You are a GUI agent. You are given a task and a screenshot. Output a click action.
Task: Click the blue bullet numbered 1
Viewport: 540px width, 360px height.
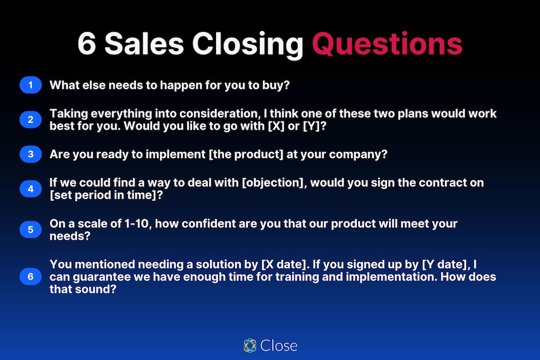[31, 85]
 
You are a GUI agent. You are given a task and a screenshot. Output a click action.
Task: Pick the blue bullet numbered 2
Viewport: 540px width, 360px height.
[31, 120]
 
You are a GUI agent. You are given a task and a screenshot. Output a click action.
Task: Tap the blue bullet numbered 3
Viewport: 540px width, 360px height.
[31, 154]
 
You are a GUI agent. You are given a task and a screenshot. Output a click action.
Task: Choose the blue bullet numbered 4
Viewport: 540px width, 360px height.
[31, 189]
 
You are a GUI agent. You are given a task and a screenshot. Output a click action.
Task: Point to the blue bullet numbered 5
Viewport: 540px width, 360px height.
[31, 229]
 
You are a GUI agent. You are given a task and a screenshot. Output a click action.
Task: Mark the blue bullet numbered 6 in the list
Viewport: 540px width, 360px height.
[31, 277]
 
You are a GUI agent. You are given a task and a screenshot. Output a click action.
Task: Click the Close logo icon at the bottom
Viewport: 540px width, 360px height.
[249, 345]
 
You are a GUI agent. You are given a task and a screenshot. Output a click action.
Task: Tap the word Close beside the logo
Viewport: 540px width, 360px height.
[279, 345]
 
